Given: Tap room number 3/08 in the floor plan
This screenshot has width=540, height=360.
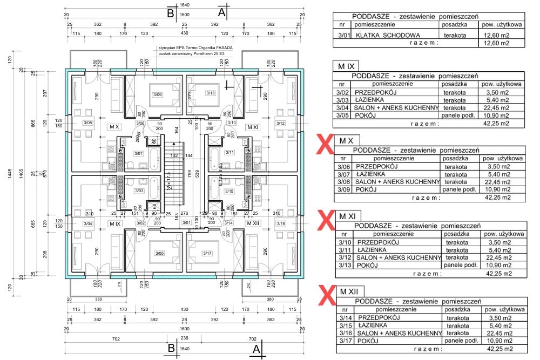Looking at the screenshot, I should click(87, 123).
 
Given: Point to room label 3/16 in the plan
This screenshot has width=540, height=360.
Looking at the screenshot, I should click(280, 223).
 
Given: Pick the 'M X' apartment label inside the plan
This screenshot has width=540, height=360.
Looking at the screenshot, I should click(114, 127).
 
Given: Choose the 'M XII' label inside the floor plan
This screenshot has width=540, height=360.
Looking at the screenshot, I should click(252, 223).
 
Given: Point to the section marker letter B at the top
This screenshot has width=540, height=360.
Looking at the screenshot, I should click(171, 13).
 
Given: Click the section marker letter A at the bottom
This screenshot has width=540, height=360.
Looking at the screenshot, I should click(256, 349).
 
